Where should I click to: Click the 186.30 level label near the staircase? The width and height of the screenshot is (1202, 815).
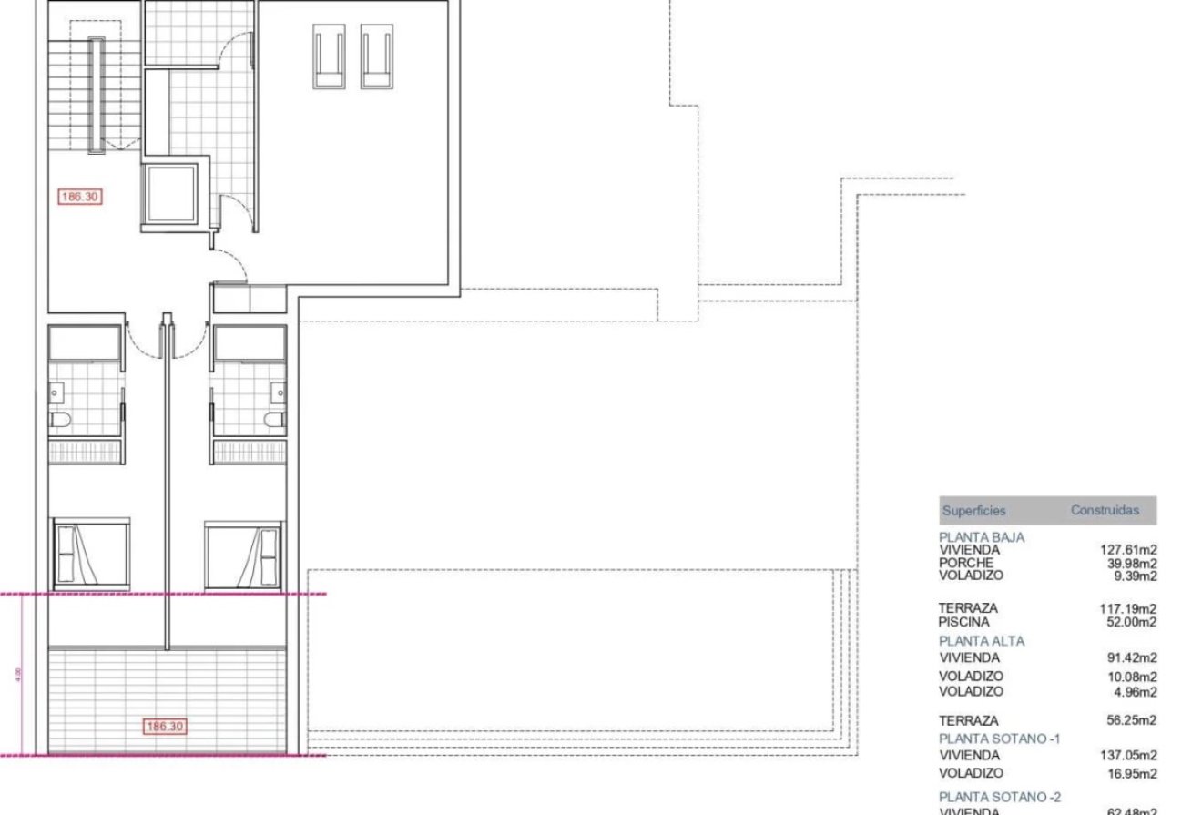pyautogui.click(x=79, y=196)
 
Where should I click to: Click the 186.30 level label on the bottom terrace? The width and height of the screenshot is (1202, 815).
pyautogui.click(x=165, y=727)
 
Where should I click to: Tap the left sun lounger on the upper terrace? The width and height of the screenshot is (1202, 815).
pyautogui.click(x=331, y=56)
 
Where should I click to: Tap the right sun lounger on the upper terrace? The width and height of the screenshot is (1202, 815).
pyautogui.click(x=377, y=56)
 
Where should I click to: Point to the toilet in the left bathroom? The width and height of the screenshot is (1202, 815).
pyautogui.click(x=61, y=420)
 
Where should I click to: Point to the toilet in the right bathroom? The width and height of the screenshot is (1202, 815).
pyautogui.click(x=271, y=420)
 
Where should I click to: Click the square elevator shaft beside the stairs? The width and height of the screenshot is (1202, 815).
pyautogui.click(x=169, y=193)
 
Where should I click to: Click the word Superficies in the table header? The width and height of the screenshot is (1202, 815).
pyautogui.click(x=973, y=511)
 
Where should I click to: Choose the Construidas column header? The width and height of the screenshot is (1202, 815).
pyautogui.click(x=1105, y=511)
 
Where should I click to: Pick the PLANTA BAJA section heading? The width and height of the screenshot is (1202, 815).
pyautogui.click(x=982, y=537)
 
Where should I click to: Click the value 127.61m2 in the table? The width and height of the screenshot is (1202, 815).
pyautogui.click(x=1128, y=550)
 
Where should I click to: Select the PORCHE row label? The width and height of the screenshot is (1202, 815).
pyautogui.click(x=966, y=563)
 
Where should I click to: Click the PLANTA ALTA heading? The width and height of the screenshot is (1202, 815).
pyautogui.click(x=982, y=641)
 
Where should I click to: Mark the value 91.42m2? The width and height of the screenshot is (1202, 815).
pyautogui.click(x=1132, y=657)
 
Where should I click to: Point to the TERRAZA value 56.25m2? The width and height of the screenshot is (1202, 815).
pyautogui.click(x=1132, y=720)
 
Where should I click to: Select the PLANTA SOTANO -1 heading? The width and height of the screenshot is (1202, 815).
pyautogui.click(x=999, y=739)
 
